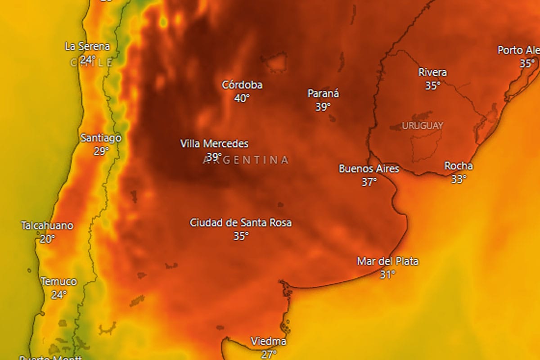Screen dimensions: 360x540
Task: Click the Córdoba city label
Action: tap(242, 85)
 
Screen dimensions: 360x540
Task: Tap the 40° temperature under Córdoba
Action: tap(242, 98)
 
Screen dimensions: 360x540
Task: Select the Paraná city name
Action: tap(323, 94)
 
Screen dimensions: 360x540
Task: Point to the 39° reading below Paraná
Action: tap(323, 107)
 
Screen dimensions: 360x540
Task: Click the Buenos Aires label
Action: tap(369, 169)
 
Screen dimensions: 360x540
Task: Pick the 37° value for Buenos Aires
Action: tap(369, 182)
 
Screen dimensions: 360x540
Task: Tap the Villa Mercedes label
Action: tap(214, 144)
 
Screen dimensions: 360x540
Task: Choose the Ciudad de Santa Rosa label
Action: tap(241, 222)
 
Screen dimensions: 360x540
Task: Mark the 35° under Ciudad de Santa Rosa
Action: tap(241, 235)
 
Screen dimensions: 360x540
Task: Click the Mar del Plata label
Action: tap(387, 261)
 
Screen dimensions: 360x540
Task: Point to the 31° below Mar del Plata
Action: tap(387, 274)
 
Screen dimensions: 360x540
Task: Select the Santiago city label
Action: tap(101, 138)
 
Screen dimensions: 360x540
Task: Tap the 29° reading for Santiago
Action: tap(101, 151)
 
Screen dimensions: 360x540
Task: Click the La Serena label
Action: tap(87, 46)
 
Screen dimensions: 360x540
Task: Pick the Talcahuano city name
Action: tap(47, 225)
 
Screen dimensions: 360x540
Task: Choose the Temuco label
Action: tap(58, 282)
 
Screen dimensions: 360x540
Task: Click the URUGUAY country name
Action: tap(422, 126)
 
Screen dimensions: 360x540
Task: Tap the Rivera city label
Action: tap(432, 72)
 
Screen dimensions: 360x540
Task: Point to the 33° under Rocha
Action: tap(459, 179)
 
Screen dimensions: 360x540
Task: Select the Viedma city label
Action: tap(268, 341)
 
